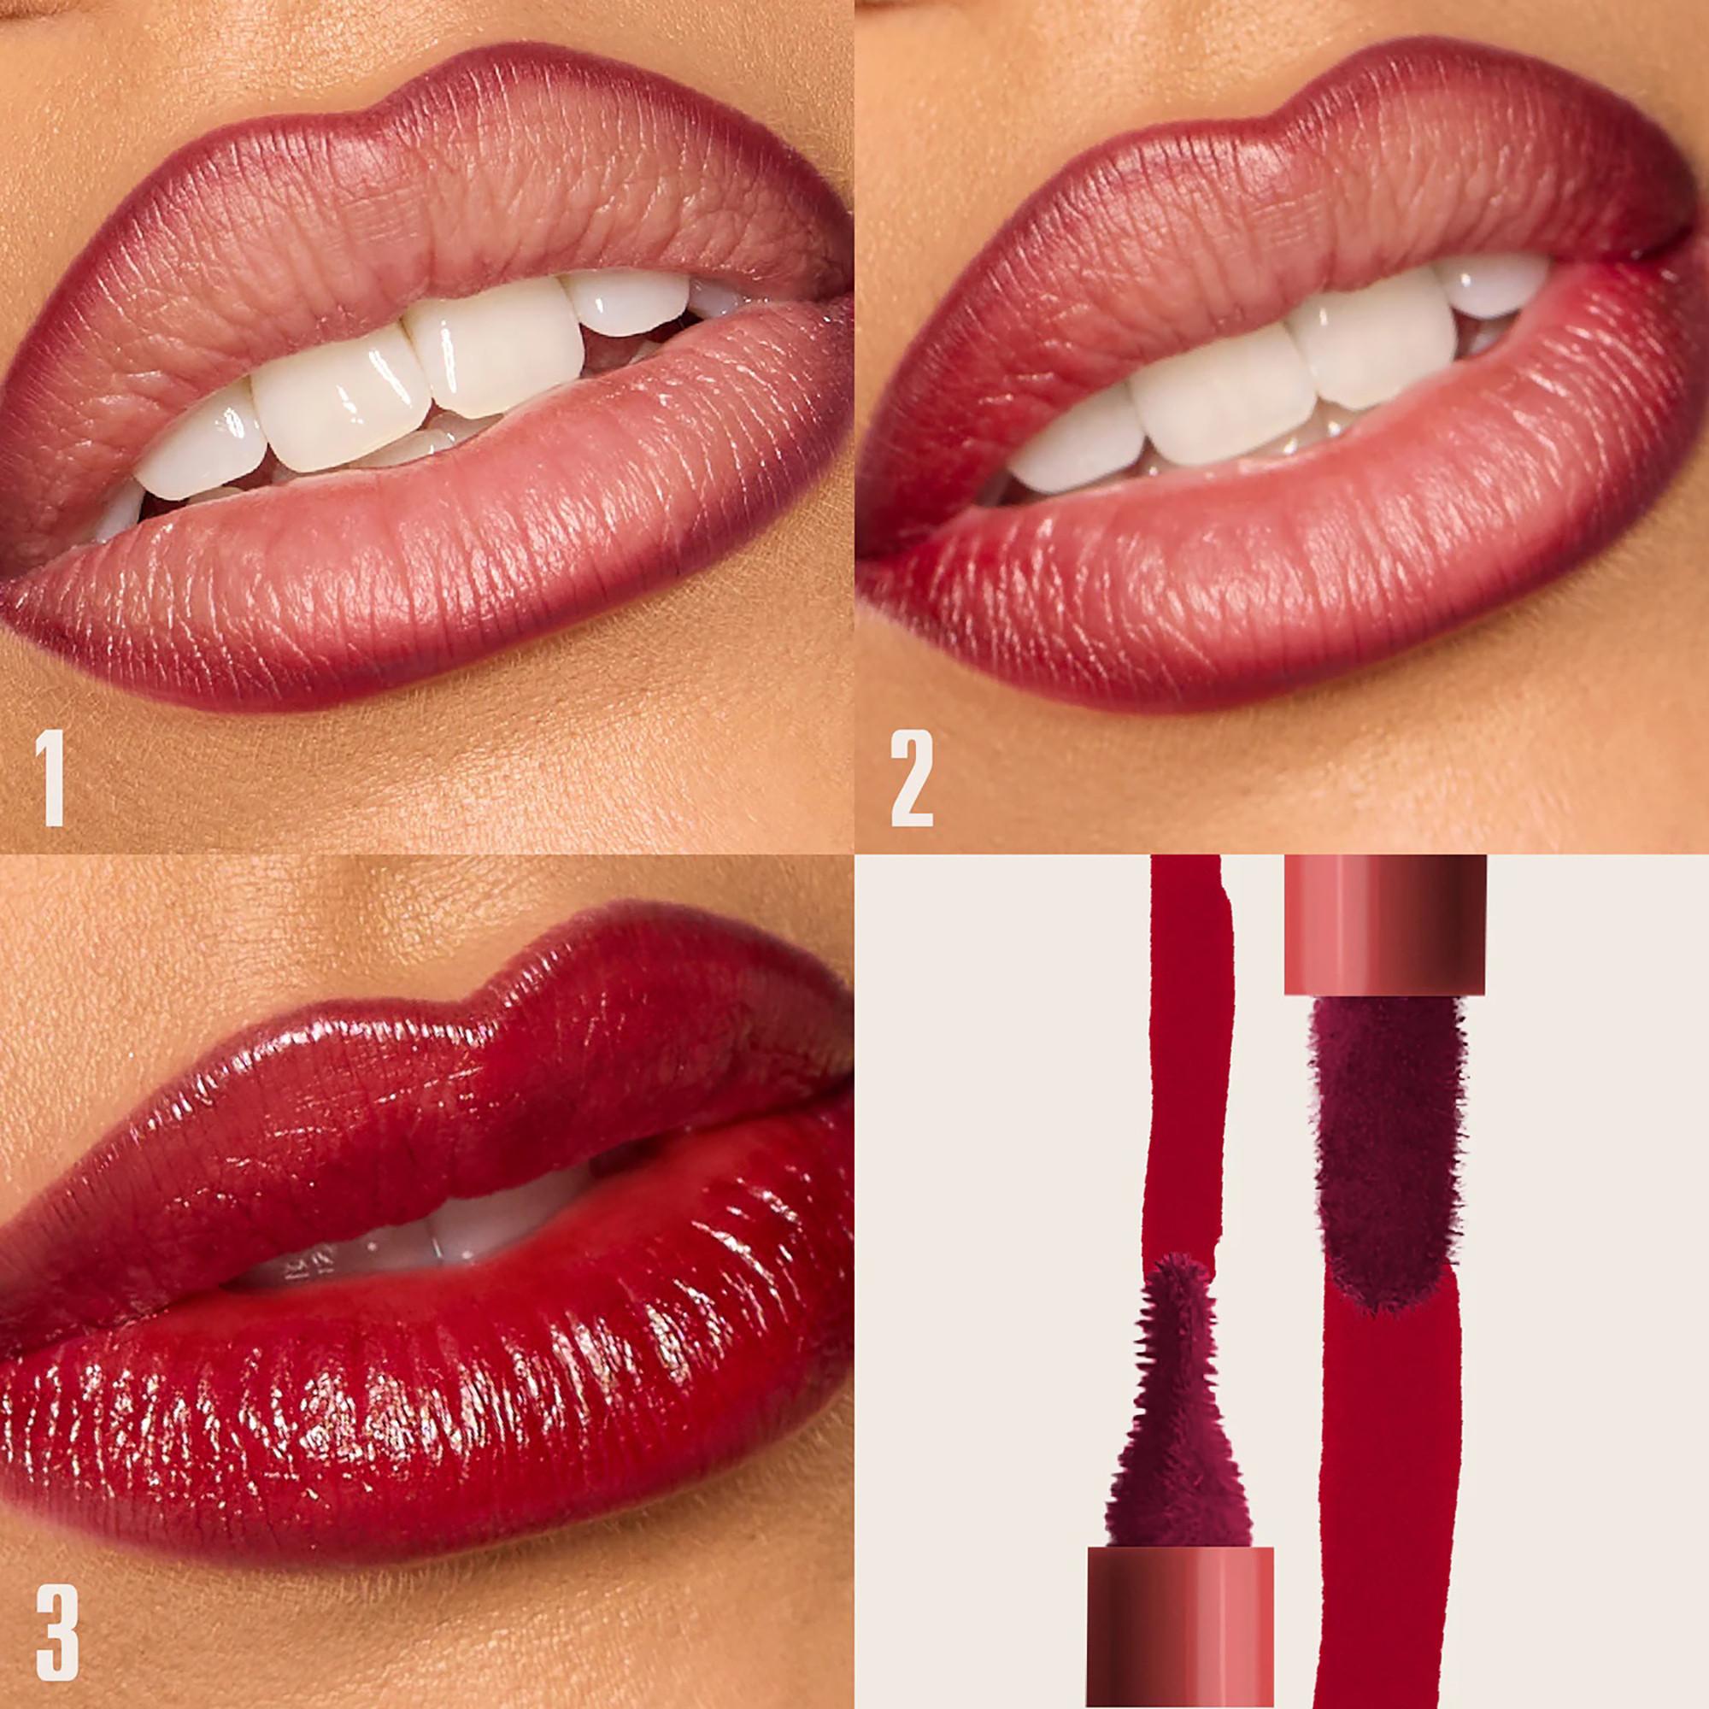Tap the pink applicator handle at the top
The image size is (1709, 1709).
pos(1385,925)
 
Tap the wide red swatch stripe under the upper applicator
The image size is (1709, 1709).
pos(1389,1459)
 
